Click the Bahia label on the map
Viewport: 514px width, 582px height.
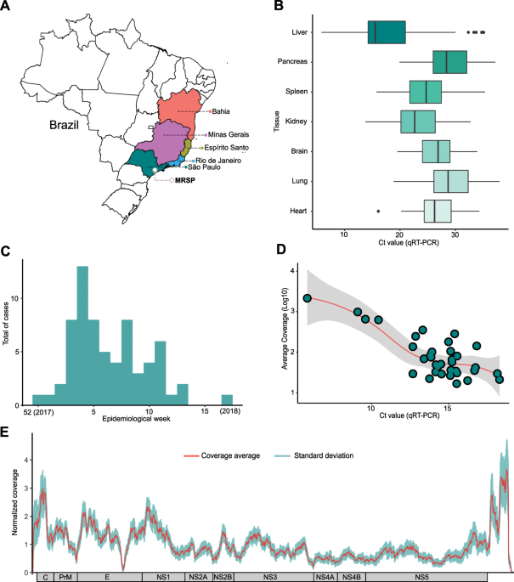click(x=221, y=111)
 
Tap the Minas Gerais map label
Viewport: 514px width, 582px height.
click(x=229, y=134)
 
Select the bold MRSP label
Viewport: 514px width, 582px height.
click(x=185, y=180)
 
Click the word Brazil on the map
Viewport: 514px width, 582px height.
click(x=64, y=125)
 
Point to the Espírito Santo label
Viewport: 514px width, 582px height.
click(x=226, y=148)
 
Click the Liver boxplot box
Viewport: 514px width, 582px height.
click(x=387, y=32)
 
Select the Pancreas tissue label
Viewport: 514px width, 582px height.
click(x=292, y=61)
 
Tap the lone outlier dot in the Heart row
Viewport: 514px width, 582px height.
click(x=378, y=212)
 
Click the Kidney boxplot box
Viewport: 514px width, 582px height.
click(x=418, y=121)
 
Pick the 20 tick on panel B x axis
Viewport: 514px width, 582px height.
click(x=399, y=235)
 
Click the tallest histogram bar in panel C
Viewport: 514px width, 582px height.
click(x=82, y=336)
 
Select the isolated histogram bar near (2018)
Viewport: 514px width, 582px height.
click(x=227, y=400)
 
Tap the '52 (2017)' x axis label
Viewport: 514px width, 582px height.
click(x=38, y=411)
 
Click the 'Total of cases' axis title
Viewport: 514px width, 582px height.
click(x=6, y=324)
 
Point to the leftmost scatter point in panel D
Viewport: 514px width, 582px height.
click(x=307, y=298)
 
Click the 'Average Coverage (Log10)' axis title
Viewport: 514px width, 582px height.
click(x=285, y=329)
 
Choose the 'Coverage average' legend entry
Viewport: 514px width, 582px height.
click(x=222, y=455)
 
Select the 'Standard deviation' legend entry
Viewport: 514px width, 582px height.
click(x=314, y=455)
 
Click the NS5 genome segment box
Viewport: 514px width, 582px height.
click(x=422, y=577)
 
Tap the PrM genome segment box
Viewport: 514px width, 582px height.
click(x=65, y=577)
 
